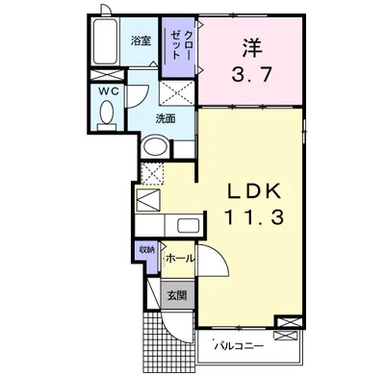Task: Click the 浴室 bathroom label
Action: click(x=140, y=41)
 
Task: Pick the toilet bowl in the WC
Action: click(x=106, y=115)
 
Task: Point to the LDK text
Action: click(x=253, y=189)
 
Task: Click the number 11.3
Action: click(x=253, y=217)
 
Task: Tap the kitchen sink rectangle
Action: click(x=188, y=227)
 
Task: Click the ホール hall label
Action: click(x=179, y=259)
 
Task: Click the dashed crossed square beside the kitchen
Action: click(x=151, y=174)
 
